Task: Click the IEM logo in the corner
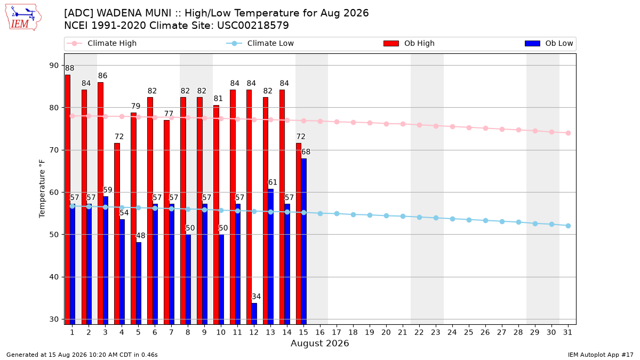pyautogui.click(x=23, y=18)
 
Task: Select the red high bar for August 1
pyautogui.click(x=68, y=199)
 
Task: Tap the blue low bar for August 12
pyautogui.click(x=254, y=314)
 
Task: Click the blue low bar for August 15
pyautogui.click(x=303, y=242)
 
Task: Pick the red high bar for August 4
pyautogui.click(x=117, y=234)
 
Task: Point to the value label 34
pyautogui.click(x=256, y=297)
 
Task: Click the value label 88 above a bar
pyautogui.click(x=69, y=68)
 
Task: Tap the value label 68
pyautogui.click(x=306, y=152)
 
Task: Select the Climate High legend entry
pyautogui.click(x=101, y=43)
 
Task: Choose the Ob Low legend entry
pyautogui.click(x=549, y=43)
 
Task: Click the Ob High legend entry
pyautogui.click(x=409, y=43)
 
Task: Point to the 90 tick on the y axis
pyautogui.click(x=54, y=66)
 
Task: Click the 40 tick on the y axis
pyautogui.click(x=54, y=277)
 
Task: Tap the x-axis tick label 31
pyautogui.click(x=567, y=333)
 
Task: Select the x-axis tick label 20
pyautogui.click(x=386, y=333)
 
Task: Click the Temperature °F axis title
pyautogui.click(x=42, y=189)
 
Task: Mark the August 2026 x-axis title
pyautogui.click(x=319, y=343)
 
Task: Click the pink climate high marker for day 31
pyautogui.click(x=568, y=133)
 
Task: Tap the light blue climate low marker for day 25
pyautogui.click(x=469, y=220)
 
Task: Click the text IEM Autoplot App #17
pyautogui.click(x=601, y=355)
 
